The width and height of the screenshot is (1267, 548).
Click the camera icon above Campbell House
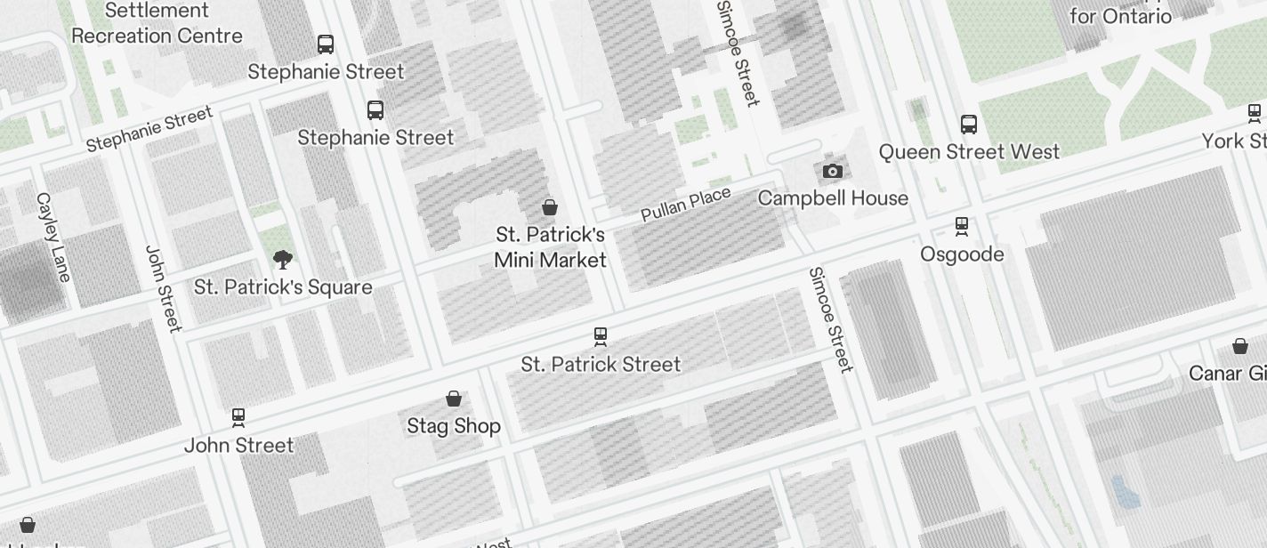coord(832,171)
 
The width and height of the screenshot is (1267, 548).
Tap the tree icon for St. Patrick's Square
coord(283,260)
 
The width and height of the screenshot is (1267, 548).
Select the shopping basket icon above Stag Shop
coord(454,398)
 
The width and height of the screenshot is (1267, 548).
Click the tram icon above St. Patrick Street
coord(601,336)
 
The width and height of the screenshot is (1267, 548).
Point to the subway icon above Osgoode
coord(962,226)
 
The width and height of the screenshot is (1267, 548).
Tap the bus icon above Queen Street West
coord(969,125)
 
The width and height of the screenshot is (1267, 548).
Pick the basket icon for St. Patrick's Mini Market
coord(550,207)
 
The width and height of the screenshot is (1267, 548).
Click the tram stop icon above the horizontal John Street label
coord(238,416)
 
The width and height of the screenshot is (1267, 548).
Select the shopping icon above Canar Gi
coord(1240,345)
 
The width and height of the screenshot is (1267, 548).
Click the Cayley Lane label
coord(52,237)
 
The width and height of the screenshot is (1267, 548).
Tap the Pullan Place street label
coord(686,205)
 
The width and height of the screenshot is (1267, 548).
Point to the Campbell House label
coord(833,197)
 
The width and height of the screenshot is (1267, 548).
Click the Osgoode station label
coord(962,254)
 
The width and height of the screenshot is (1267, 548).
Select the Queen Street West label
coord(969,152)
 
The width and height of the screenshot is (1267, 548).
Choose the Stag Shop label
coord(454,426)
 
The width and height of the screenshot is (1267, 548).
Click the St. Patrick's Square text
coord(283,287)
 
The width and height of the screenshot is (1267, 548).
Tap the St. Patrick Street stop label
coord(601,364)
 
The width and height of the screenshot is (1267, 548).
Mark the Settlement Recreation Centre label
coord(157,23)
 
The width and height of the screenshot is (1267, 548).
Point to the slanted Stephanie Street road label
coord(149,129)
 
